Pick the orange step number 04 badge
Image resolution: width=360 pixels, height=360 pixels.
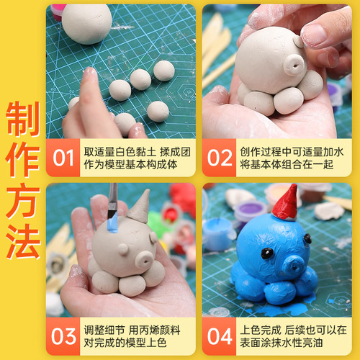218,335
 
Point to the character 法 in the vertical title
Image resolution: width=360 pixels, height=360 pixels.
22,241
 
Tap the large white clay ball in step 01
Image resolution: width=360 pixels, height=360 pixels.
86,22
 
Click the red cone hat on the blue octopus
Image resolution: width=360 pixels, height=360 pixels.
287,204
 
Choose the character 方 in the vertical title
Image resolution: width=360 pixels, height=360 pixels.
22,201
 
